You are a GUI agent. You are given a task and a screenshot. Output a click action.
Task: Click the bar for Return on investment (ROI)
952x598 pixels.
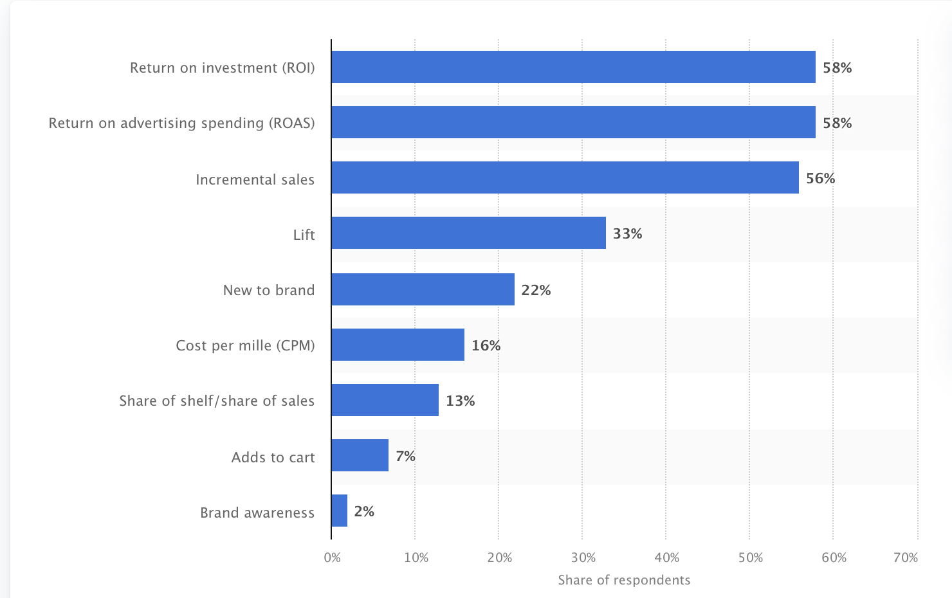(x=573, y=67)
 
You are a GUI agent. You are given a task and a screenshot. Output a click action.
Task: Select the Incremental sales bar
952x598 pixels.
(x=565, y=177)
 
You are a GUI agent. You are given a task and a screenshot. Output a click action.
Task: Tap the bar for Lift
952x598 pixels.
(x=468, y=233)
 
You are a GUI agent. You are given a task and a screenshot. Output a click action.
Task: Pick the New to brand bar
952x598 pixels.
(x=423, y=289)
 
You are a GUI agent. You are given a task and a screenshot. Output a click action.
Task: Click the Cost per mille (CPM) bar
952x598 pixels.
(x=398, y=345)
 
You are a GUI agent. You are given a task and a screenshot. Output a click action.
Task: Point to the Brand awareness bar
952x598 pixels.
(x=340, y=511)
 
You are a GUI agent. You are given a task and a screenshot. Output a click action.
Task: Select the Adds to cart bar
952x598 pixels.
(x=360, y=455)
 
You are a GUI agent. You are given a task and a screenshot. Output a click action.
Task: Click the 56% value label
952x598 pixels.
(x=820, y=178)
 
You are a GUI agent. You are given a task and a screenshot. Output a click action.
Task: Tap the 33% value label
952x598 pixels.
(x=627, y=233)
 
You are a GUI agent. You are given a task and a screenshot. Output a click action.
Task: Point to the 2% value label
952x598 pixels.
(x=364, y=511)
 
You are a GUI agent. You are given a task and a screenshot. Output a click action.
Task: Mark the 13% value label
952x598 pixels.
(x=460, y=401)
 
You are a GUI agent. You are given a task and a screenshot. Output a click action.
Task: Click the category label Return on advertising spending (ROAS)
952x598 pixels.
(x=182, y=123)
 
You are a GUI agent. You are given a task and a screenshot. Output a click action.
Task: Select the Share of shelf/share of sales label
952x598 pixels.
(x=217, y=401)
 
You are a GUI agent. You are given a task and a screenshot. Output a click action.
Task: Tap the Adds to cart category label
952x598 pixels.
(x=273, y=457)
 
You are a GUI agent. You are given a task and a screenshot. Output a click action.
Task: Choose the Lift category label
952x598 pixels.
(x=304, y=235)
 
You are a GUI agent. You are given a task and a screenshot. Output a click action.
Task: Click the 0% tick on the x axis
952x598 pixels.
(x=333, y=557)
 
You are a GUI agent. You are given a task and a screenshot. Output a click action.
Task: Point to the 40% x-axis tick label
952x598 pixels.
(x=667, y=557)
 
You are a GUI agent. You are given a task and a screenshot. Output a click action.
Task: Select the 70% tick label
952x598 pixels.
(x=906, y=557)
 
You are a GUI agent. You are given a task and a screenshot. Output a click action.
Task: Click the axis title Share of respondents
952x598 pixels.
(x=624, y=580)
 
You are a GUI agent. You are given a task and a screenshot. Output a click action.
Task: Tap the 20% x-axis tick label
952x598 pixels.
(x=500, y=557)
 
